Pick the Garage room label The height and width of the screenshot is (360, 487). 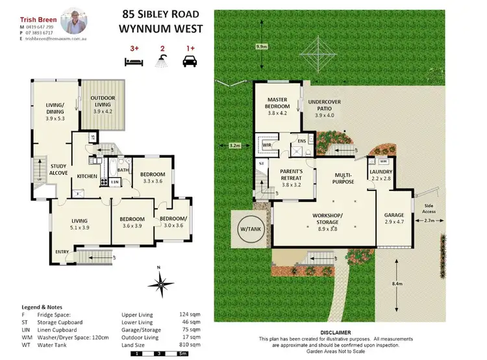[x=394, y=218]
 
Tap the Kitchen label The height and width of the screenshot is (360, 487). [x=88, y=176]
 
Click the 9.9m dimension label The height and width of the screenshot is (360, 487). [x=262, y=47]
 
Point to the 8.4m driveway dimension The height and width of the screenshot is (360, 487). [x=405, y=284]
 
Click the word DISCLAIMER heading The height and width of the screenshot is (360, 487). [x=336, y=331]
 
